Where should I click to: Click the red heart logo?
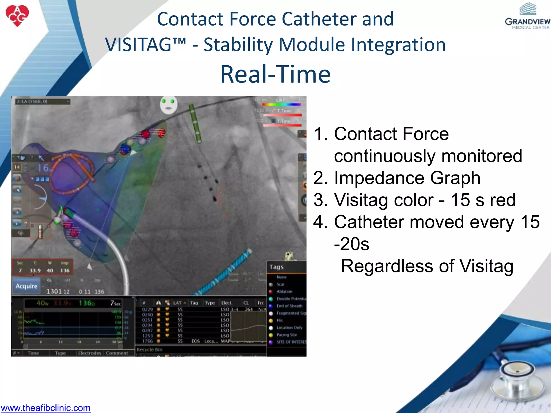17,16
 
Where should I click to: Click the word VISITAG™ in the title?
145,45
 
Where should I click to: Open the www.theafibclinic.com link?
45,408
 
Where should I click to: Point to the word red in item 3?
503,200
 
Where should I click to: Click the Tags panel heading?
277,267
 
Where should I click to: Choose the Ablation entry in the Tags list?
284,291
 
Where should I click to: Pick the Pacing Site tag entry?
287,335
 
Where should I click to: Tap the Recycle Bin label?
149,350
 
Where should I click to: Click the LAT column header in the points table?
177,303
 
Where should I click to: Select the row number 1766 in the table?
147,341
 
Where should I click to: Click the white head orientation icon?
168,105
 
